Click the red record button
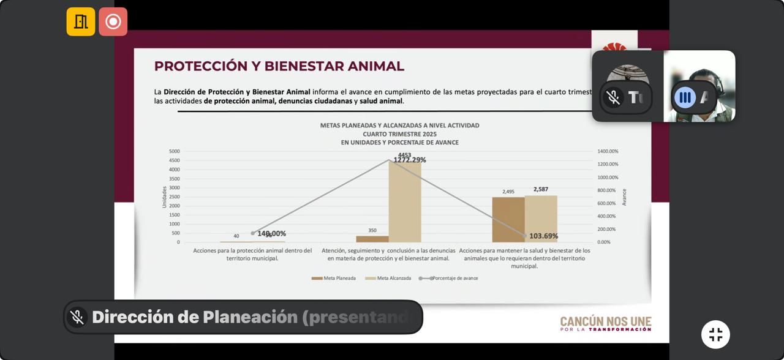click(x=113, y=21)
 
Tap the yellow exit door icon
click(x=81, y=21)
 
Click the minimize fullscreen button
click(x=715, y=334)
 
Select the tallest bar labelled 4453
click(x=405, y=201)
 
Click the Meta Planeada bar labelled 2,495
click(x=508, y=219)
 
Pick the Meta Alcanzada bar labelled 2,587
click(x=541, y=219)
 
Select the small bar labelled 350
click(x=372, y=239)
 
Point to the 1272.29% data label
click(x=410, y=160)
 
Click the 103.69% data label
click(x=544, y=236)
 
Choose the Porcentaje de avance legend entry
click(x=448, y=278)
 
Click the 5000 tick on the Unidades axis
click(x=175, y=151)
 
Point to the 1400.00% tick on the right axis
click(x=608, y=151)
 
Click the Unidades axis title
click(x=164, y=197)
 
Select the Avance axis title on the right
click(x=624, y=197)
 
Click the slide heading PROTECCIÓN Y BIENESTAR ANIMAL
click(x=279, y=66)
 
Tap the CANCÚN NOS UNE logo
click(x=605, y=324)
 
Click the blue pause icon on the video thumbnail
click(x=685, y=97)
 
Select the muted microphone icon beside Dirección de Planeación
click(x=77, y=317)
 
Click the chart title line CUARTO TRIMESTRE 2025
click(x=399, y=133)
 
